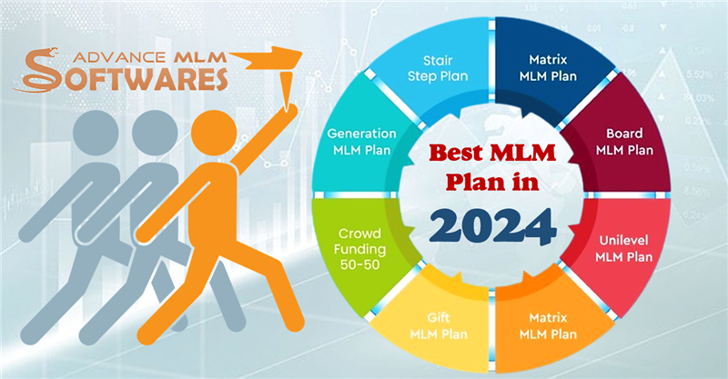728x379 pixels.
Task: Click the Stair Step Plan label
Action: [x=438, y=68]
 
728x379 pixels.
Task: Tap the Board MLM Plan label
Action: [x=624, y=142]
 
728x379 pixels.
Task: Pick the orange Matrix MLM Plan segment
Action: [x=548, y=325]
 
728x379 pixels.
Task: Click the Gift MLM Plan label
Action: [x=439, y=325]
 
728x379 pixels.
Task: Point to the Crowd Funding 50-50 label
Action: [x=359, y=249]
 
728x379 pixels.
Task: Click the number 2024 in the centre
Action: [x=492, y=227]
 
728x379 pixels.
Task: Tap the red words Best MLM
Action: [x=492, y=153]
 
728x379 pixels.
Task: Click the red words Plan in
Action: [x=492, y=182]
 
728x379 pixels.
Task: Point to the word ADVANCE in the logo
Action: [x=119, y=57]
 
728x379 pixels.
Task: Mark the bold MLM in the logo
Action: [x=198, y=57]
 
